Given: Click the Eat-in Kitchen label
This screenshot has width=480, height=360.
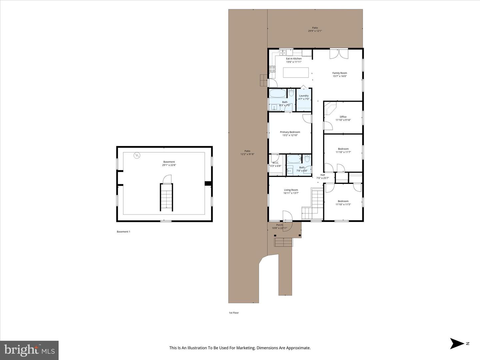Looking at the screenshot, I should click(x=294, y=59).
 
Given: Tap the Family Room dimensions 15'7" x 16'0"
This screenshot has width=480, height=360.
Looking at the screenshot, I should click(x=340, y=76).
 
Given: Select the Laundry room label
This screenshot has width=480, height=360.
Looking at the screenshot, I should click(x=304, y=96).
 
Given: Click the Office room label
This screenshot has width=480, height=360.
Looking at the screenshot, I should click(x=343, y=117).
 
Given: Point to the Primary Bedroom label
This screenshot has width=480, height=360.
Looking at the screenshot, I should click(x=290, y=132).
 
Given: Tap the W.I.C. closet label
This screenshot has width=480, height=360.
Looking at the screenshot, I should click(x=275, y=163).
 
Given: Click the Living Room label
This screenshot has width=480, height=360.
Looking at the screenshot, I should click(x=291, y=190).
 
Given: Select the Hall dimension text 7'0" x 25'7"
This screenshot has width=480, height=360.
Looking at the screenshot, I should click(x=322, y=178).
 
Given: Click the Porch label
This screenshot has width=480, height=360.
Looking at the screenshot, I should click(x=279, y=225).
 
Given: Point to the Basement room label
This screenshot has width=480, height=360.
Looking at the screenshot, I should click(x=169, y=162).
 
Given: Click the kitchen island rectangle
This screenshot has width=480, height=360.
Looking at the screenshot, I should click(x=296, y=72).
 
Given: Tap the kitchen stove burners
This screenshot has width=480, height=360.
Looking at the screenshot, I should click(x=272, y=69).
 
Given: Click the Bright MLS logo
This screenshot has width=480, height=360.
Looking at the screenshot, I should click(x=29, y=350).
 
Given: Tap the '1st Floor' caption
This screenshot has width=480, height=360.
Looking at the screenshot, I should click(x=234, y=313).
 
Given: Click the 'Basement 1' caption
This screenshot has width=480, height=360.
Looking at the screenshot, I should click(x=123, y=232).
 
